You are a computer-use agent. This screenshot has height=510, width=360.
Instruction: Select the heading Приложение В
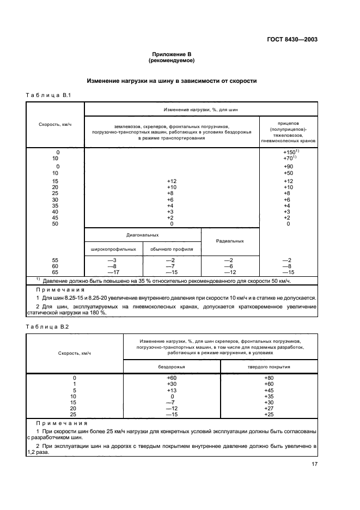coord(172,54)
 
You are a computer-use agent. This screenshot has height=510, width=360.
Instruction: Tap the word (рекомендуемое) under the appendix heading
coord(172,60)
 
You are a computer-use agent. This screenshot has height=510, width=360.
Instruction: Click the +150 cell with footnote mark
coord(289,152)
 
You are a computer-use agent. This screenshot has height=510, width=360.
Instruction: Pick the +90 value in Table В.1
coord(288,166)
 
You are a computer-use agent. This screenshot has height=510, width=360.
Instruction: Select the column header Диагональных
coord(142,235)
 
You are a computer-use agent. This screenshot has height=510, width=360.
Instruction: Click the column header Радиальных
coord(230,241)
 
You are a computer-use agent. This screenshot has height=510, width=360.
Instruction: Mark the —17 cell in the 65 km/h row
coord(113,272)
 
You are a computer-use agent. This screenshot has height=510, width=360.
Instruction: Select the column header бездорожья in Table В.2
coord(172,367)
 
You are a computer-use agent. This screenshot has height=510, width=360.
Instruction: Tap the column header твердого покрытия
coord(269,367)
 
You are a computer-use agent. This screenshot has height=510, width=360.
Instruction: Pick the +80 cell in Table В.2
coord(269,378)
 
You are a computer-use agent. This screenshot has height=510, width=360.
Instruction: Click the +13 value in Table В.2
coord(172,390)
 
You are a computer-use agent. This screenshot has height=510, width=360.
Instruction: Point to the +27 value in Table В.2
coord(269,408)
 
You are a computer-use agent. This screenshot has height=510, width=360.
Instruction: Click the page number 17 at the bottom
coord(314,464)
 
